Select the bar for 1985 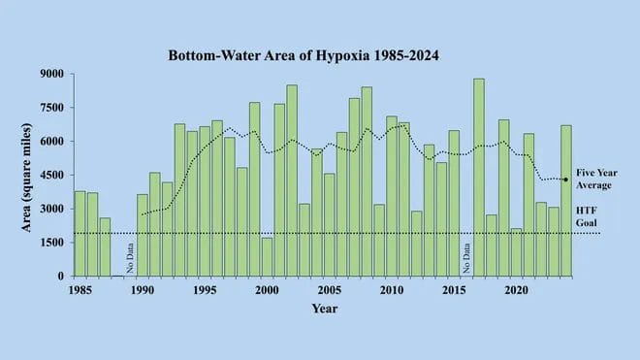(x=80, y=233)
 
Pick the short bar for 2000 (x=267, y=256)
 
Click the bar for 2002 (x=292, y=180)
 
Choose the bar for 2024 (x=566, y=200)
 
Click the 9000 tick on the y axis (x=51, y=75)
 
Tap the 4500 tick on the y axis (x=51, y=176)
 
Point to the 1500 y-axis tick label (x=51, y=243)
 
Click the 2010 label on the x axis (x=392, y=289)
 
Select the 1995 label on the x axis (x=205, y=289)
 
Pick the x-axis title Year (x=324, y=309)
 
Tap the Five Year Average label (x=594, y=178)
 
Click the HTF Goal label (x=588, y=215)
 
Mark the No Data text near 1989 (x=130, y=258)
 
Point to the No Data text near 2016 (x=466, y=258)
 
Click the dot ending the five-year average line (x=565, y=180)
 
